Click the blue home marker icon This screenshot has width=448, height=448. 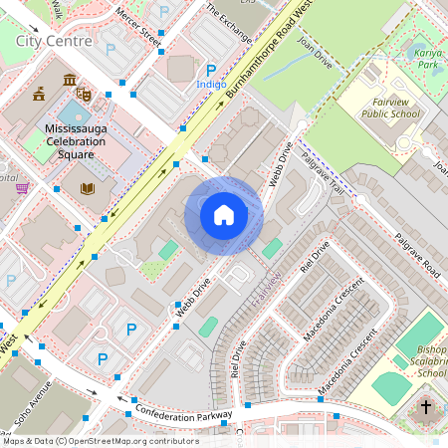(x=224, y=214)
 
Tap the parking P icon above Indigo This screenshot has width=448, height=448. (x=210, y=70)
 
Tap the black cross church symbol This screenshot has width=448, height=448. (x=426, y=406)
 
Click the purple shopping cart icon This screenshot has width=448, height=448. (x=22, y=188)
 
